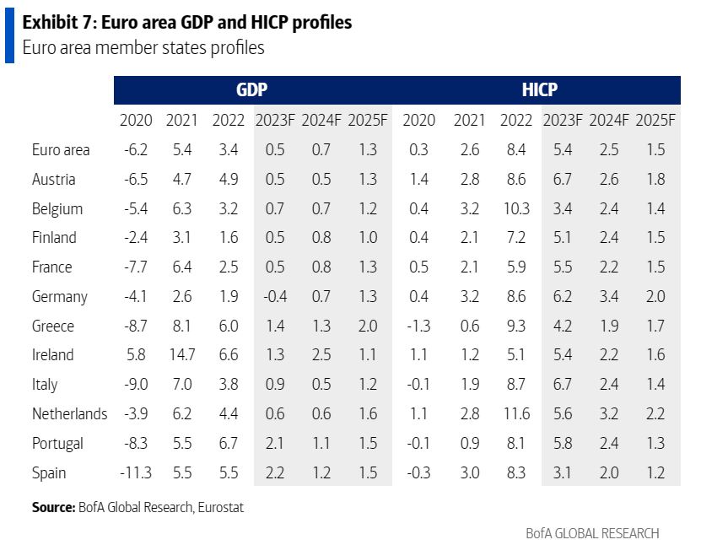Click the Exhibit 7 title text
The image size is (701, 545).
tap(187, 23)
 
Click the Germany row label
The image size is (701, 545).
tap(60, 296)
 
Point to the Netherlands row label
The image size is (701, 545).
tap(70, 413)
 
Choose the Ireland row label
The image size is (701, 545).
tap(53, 355)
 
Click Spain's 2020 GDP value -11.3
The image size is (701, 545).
tap(136, 472)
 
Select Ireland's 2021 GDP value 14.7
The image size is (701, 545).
tap(181, 355)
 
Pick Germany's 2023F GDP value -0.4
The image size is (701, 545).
tap(274, 296)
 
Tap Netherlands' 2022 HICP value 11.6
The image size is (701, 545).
tap(515, 413)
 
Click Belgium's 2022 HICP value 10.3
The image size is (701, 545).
tap(515, 208)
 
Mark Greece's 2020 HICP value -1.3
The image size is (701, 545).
tap(419, 326)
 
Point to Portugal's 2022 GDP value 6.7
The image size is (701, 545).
tap(228, 443)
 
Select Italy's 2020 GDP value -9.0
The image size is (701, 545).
tap(136, 384)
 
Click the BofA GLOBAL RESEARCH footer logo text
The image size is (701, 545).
tap(592, 533)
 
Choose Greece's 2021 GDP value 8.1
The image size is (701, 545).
tap(181, 326)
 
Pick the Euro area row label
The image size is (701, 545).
tap(61, 150)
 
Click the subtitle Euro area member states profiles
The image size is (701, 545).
tap(143, 48)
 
